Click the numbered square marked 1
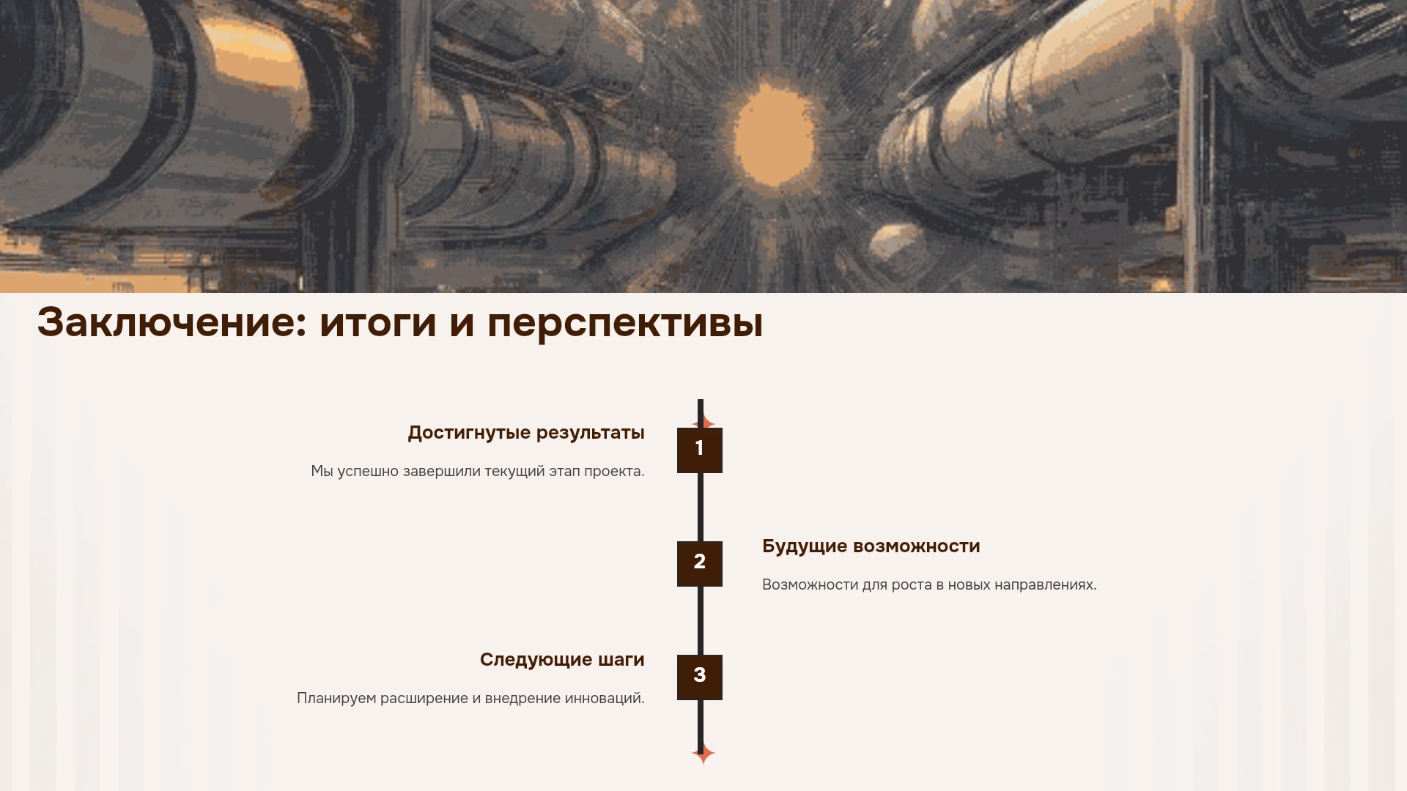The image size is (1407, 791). (700, 450)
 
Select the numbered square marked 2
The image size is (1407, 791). (700, 564)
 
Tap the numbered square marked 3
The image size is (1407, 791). (700, 677)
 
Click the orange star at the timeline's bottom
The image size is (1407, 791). (703, 753)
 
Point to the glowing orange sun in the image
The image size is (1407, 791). (773, 135)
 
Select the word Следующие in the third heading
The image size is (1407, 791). (536, 661)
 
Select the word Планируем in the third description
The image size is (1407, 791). (336, 699)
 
